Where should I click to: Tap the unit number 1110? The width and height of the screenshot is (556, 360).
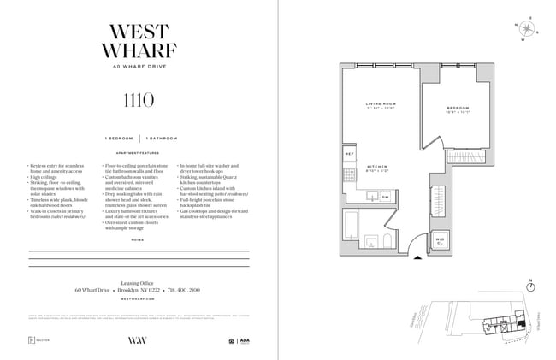click(139, 100)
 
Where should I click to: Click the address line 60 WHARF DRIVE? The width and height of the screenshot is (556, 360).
click(139, 67)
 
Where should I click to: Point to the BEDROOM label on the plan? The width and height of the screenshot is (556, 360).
click(458, 109)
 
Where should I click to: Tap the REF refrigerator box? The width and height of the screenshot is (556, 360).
click(350, 154)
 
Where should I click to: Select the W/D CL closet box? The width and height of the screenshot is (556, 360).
click(440, 239)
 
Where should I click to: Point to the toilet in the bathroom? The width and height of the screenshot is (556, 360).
click(387, 240)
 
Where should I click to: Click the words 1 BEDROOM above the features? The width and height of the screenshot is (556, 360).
click(119, 138)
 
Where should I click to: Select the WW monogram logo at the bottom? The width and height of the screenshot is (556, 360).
click(139, 340)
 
